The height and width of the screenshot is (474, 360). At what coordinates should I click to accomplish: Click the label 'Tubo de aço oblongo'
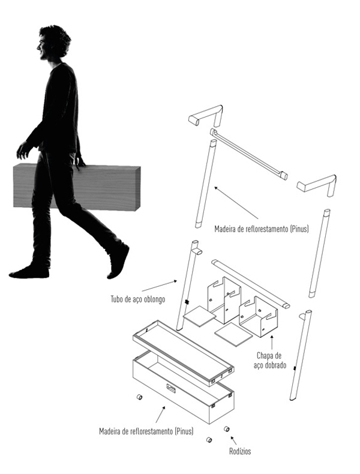(138, 299)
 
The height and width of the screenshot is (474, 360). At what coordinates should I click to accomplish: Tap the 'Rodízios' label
(240, 451)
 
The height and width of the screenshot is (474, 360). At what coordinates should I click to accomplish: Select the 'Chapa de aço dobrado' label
(269, 361)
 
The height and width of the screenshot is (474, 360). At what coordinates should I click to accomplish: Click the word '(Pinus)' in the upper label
(299, 229)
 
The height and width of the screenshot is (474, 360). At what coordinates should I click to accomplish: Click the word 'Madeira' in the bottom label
(110, 431)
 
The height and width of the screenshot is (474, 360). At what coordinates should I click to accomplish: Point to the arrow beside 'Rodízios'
(233, 440)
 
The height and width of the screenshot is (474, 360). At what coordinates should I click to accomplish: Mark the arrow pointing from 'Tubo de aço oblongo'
(159, 286)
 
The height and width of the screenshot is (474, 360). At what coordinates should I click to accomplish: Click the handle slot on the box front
(171, 388)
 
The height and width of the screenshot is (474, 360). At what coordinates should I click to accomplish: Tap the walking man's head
(53, 43)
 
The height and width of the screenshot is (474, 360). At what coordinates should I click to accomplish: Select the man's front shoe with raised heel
(119, 262)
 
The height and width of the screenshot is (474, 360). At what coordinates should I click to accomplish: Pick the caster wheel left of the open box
(139, 397)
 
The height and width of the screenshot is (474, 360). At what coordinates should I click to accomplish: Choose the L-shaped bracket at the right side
(317, 184)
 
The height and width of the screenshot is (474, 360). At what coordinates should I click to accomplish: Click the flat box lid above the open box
(184, 352)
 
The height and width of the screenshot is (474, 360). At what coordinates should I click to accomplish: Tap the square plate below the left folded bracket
(199, 316)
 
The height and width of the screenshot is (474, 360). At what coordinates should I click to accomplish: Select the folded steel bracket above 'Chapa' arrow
(259, 316)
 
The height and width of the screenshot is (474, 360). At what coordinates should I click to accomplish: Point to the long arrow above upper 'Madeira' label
(236, 203)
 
